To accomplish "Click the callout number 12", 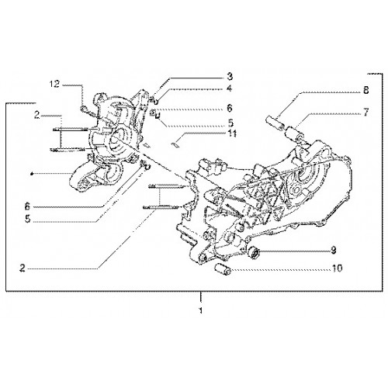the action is click(55, 84).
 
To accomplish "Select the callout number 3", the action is click(230, 76).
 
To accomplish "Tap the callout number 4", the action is click(229, 88).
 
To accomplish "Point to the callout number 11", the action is click(232, 133).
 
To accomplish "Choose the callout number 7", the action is click(365, 113).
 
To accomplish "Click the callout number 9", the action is click(334, 250).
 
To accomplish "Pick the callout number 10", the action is click(337, 268).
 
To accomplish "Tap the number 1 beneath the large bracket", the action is click(200, 310).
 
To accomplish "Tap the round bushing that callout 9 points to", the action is click(254, 252).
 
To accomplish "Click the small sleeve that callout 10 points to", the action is click(223, 269).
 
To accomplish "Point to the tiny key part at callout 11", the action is click(175, 145).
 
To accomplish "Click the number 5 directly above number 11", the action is click(230, 123).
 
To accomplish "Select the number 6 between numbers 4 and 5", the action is click(230, 108).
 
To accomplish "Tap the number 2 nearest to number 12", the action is click(37, 116).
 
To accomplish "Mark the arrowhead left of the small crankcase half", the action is click(32, 174).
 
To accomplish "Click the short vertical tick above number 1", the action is click(200, 297).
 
